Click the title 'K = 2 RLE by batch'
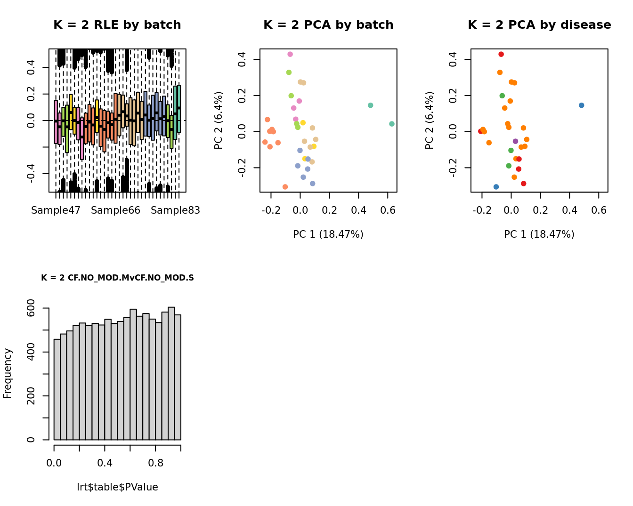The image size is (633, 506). pyautogui.click(x=117, y=25)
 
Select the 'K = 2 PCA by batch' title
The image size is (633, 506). pyautogui.click(x=328, y=25)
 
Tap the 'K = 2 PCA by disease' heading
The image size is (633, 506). pyautogui.click(x=539, y=25)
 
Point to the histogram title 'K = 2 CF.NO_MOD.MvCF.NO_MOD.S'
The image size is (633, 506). pyautogui.click(x=117, y=278)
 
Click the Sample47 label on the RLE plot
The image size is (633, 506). pyautogui.click(x=56, y=210)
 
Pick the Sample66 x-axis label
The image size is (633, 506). pyautogui.click(x=115, y=210)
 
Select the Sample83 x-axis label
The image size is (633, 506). pyautogui.click(x=175, y=210)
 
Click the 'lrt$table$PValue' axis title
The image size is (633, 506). pyautogui.click(x=117, y=487)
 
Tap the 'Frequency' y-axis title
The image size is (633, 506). pyautogui.click(x=8, y=373)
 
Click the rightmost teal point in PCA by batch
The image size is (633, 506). pyautogui.click(x=392, y=124)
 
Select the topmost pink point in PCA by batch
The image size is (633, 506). pyautogui.click(x=290, y=54)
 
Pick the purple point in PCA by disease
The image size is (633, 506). pyautogui.click(x=515, y=141)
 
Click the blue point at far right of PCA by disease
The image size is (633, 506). pyautogui.click(x=581, y=105)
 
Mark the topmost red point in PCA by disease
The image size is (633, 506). pyautogui.click(x=501, y=54)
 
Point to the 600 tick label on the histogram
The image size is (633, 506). pyautogui.click(x=31, y=308)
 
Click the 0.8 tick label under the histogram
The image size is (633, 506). pyautogui.click(x=156, y=463)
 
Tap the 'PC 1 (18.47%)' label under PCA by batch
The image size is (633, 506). pyautogui.click(x=328, y=234)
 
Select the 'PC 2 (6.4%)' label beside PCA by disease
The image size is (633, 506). pyautogui.click(x=429, y=120)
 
